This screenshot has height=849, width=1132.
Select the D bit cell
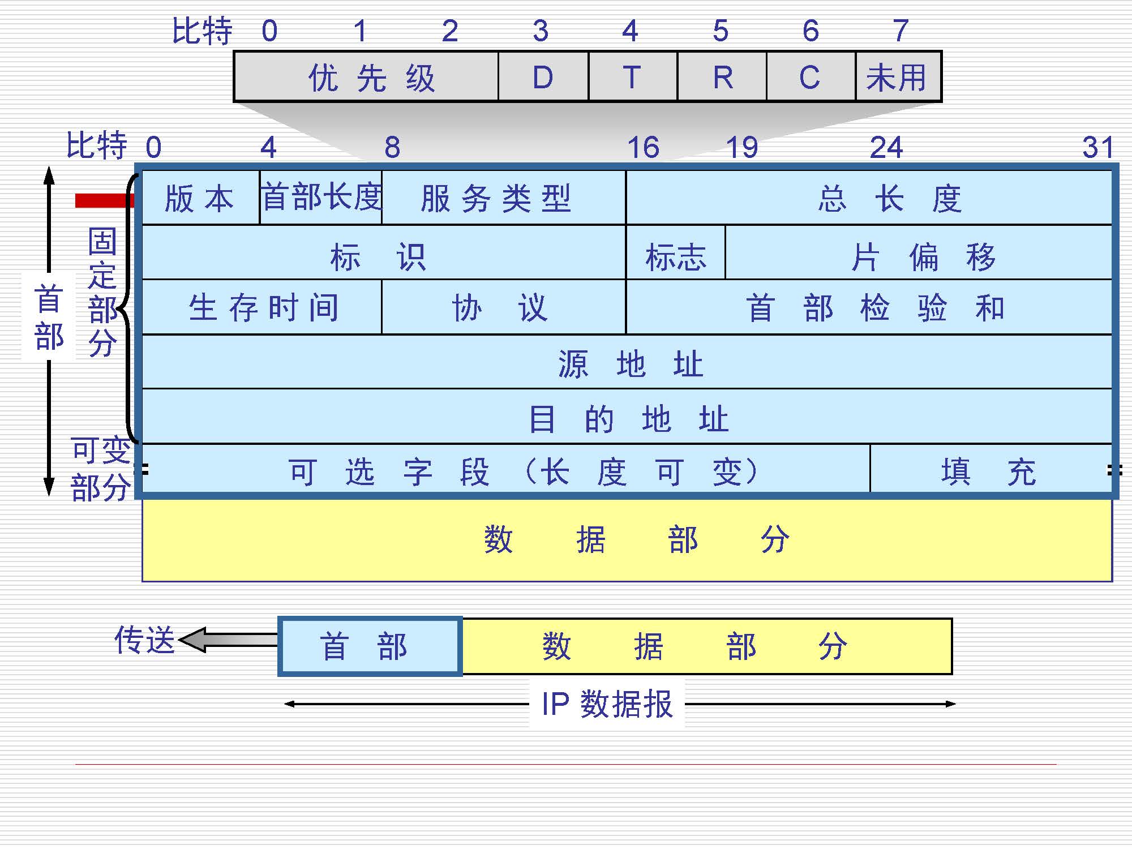(543, 77)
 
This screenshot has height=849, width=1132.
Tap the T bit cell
(633, 77)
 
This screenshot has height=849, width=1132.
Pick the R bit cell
(722, 77)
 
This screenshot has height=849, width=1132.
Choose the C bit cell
(811, 77)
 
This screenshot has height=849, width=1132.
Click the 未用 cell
(898, 77)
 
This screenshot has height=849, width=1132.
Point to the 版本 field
(200, 198)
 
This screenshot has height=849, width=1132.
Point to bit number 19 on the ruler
(741, 147)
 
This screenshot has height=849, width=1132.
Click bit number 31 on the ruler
(1098, 147)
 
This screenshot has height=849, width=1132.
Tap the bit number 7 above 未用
(901, 31)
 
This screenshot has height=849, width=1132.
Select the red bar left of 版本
(104, 200)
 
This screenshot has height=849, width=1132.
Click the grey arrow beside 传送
(229, 640)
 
